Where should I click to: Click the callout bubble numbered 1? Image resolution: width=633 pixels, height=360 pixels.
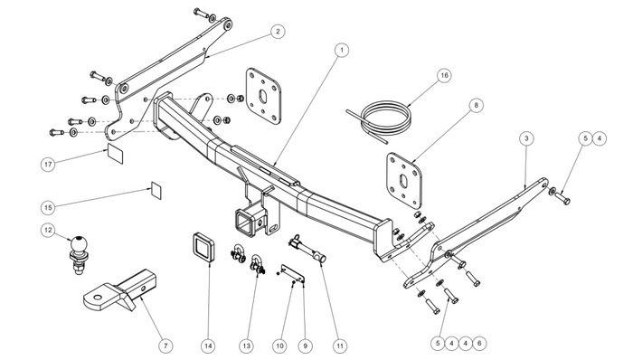click(342, 50)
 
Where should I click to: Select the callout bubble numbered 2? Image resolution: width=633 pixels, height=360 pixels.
click(278, 31)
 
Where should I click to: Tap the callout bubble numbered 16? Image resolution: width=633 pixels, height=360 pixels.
click(444, 75)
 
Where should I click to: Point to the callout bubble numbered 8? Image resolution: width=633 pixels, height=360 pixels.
click(476, 105)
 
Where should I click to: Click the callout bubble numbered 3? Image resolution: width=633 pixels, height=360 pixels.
click(526, 138)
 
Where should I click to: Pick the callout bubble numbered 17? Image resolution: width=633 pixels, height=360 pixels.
click(49, 165)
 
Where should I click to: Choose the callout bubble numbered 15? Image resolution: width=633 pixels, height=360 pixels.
click(48, 207)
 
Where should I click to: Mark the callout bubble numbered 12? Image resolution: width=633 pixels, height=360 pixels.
click(48, 230)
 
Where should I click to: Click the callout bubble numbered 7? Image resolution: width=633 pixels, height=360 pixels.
click(165, 346)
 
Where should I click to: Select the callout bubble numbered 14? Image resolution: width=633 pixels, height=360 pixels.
click(208, 346)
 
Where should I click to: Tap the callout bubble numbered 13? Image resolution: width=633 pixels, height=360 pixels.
click(247, 346)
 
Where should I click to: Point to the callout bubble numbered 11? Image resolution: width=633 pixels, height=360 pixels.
click(339, 346)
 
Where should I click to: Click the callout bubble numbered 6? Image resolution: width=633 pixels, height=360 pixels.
click(479, 344)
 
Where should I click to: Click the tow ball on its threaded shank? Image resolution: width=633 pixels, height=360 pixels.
click(78, 253)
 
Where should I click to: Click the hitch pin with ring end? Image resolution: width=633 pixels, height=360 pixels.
click(307, 249)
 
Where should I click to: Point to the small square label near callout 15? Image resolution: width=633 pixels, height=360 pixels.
click(156, 191)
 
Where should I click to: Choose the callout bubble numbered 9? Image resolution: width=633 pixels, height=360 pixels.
click(306, 346)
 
